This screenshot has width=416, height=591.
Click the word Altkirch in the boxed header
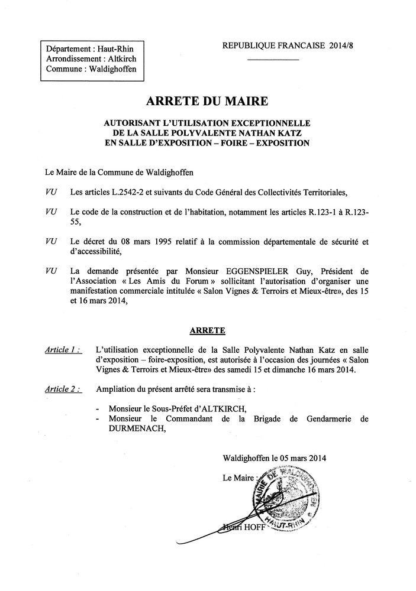pos(121,59)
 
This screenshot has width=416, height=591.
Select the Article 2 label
pos(63,389)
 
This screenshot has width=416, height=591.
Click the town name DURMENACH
pos(133,430)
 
